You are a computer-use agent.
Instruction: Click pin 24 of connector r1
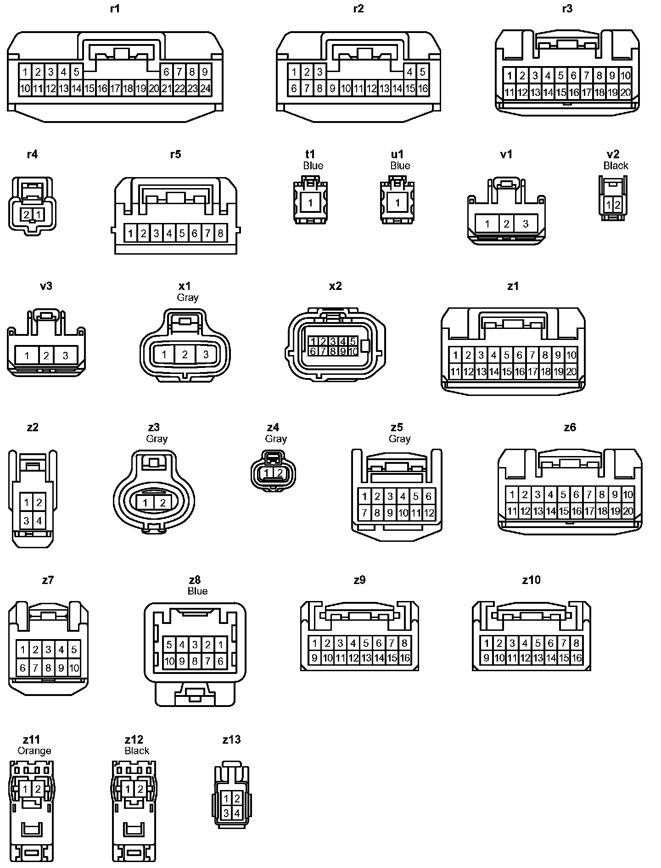pyautogui.click(x=205, y=89)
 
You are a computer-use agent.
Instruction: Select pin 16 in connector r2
pyautogui.click(x=422, y=89)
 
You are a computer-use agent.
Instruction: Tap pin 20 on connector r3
pyautogui.click(x=625, y=93)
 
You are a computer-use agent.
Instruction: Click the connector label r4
pyautogui.click(x=32, y=154)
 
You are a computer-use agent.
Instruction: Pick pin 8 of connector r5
pyautogui.click(x=220, y=234)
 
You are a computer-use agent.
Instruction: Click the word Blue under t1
pyautogui.click(x=313, y=166)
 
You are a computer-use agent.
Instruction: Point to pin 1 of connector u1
pyautogui.click(x=398, y=203)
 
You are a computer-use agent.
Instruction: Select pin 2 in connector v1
pyautogui.click(x=506, y=224)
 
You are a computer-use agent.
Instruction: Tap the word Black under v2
pyautogui.click(x=616, y=166)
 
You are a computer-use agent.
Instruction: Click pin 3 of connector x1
pyautogui.click(x=206, y=355)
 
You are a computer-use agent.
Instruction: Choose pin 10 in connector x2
pyautogui.click(x=353, y=351)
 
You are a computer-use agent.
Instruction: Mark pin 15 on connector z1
pyautogui.click(x=506, y=372)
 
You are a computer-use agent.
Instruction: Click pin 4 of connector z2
pyautogui.click(x=39, y=521)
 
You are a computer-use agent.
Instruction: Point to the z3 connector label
pyautogui.click(x=154, y=427)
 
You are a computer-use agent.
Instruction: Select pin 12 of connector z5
pyautogui.click(x=428, y=513)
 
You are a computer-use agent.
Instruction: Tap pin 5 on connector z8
pyautogui.click(x=169, y=645)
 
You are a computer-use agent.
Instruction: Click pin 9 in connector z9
pyautogui.click(x=314, y=658)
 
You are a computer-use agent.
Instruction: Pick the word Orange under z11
pyautogui.click(x=34, y=751)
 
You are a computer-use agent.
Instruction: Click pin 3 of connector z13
pyautogui.click(x=226, y=813)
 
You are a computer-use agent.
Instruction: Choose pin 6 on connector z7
pyautogui.click(x=23, y=668)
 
